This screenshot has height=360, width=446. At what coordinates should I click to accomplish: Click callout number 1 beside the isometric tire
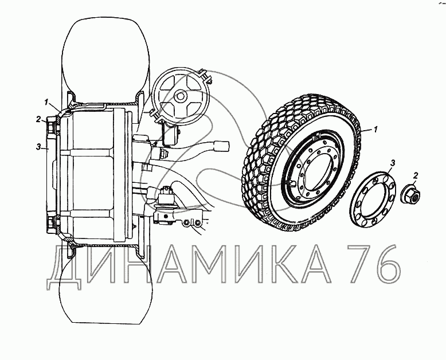[375, 130]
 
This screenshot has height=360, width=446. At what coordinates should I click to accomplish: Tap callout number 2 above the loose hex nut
[415, 176]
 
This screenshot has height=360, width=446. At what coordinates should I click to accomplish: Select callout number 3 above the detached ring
[393, 163]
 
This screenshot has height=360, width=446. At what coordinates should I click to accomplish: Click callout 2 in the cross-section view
[38, 119]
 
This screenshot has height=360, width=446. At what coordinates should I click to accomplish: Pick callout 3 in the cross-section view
[38, 147]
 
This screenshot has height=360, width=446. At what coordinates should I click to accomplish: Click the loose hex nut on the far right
[410, 194]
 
